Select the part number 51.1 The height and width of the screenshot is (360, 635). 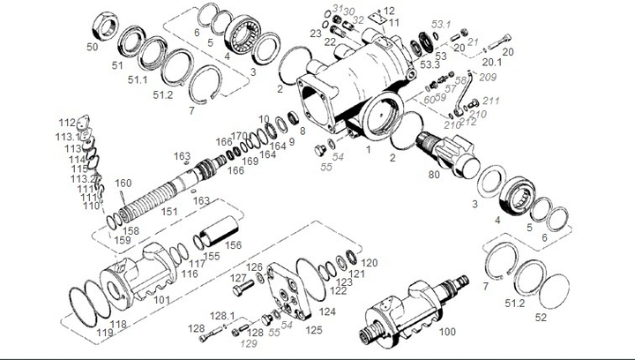[x=138, y=80]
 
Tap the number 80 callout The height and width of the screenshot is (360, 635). [x=434, y=175]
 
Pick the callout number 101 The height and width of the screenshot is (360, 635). [x=162, y=298]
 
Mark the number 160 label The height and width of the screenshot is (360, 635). [x=123, y=184]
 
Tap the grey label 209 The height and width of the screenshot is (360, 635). [x=488, y=77]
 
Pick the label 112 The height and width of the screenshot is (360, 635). [x=67, y=122]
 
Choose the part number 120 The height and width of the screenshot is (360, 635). [x=370, y=263]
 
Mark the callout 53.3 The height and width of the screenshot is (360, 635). [x=430, y=64]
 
